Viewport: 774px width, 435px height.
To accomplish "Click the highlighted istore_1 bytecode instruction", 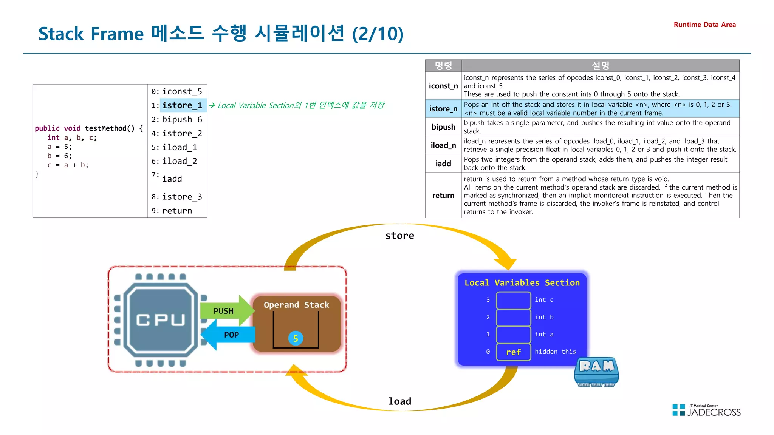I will click(x=182, y=105).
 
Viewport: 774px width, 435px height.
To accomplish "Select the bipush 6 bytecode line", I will click(x=182, y=119).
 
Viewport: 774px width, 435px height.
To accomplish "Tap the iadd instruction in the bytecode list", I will click(x=172, y=179).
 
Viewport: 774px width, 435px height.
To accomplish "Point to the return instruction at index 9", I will click(x=177, y=211).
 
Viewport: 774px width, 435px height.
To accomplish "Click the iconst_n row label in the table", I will click(x=443, y=86).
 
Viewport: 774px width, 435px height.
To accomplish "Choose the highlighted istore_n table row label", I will click(x=443, y=109).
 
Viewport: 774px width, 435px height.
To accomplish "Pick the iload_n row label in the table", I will click(x=443, y=145).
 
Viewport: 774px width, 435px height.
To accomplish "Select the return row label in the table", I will click(x=443, y=196).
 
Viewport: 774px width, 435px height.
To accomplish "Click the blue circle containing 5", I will click(x=296, y=338).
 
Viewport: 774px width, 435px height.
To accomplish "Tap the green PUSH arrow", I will click(x=225, y=311).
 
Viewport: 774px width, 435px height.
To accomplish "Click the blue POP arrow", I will click(x=229, y=335).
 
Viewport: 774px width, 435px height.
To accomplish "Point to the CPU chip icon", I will click(x=161, y=320).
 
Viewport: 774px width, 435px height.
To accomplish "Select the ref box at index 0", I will click(x=513, y=352).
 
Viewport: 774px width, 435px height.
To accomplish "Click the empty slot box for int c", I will click(x=513, y=300).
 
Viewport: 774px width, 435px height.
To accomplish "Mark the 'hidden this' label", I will click(x=555, y=352).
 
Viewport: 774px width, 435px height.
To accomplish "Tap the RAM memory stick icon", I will click(x=596, y=372).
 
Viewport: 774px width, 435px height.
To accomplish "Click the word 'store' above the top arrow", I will click(x=399, y=236).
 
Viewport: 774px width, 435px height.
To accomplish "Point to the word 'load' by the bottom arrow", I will click(x=399, y=401).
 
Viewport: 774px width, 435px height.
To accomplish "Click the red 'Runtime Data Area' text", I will click(x=704, y=25).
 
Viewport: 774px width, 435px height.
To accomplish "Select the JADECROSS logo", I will click(x=706, y=410).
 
